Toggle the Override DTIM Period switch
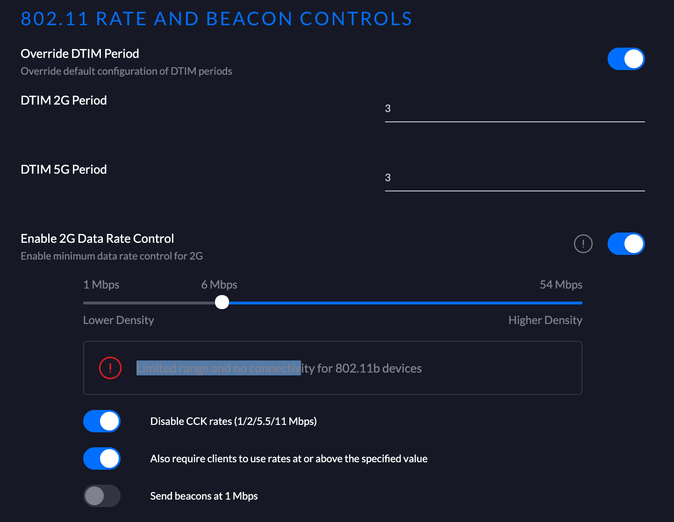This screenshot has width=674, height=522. tap(626, 59)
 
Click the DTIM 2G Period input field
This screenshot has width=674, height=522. tap(514, 109)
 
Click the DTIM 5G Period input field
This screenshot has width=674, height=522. tap(514, 178)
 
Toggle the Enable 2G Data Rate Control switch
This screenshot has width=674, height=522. tap(626, 244)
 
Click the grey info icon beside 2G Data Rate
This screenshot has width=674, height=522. tap(583, 244)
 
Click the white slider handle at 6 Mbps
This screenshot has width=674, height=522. tap(222, 303)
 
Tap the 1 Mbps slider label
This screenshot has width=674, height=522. tap(101, 285)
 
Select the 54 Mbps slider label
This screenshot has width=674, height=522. tap(561, 285)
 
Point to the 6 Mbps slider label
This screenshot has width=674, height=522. tap(219, 285)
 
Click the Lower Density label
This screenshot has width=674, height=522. tap(118, 320)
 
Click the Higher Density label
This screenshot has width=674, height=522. tap(545, 320)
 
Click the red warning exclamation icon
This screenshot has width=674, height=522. tap(110, 368)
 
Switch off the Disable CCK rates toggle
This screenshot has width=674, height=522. tap(102, 421)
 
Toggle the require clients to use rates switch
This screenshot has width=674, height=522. tap(102, 459)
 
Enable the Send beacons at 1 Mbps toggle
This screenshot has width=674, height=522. tap(102, 496)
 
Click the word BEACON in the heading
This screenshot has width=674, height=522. tap(249, 19)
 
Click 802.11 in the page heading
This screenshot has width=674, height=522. tap(54, 19)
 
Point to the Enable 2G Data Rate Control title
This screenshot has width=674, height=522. tap(97, 239)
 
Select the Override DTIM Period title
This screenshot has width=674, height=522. tap(80, 54)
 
